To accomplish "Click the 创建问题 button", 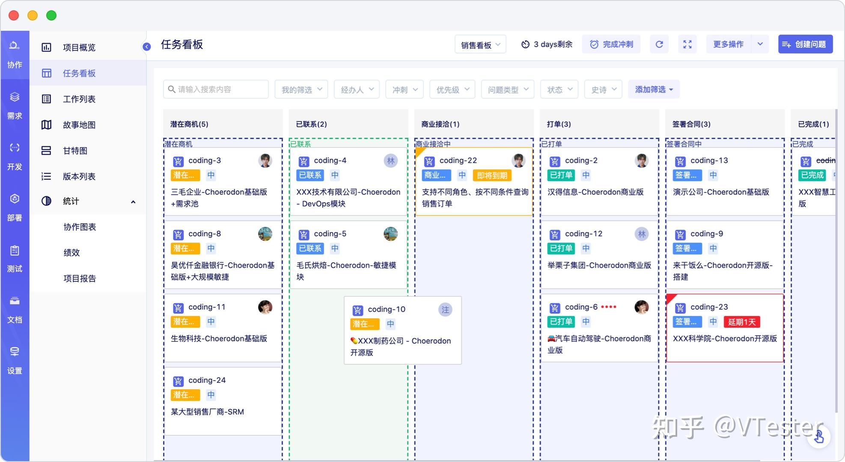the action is [805, 44].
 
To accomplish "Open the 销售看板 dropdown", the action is [480, 44].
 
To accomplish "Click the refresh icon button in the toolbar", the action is [659, 44].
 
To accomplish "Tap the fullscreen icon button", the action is [687, 44].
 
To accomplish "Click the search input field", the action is [216, 89].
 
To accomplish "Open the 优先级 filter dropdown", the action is [452, 89].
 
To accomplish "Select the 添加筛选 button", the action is [654, 89].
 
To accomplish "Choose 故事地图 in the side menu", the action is [79, 125].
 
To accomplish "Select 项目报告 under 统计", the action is [80, 278].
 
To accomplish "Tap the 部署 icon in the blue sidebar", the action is [15, 206].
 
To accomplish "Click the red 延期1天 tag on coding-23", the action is [742, 322].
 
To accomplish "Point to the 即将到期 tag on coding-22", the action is [492, 175].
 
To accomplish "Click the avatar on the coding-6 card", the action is [641, 307].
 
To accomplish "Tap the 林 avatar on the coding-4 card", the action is [390, 161].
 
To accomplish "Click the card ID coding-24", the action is [207, 380].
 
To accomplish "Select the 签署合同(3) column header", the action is [691, 124].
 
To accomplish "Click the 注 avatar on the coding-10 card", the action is [445, 310].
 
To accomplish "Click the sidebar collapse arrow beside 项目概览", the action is [146, 47].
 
